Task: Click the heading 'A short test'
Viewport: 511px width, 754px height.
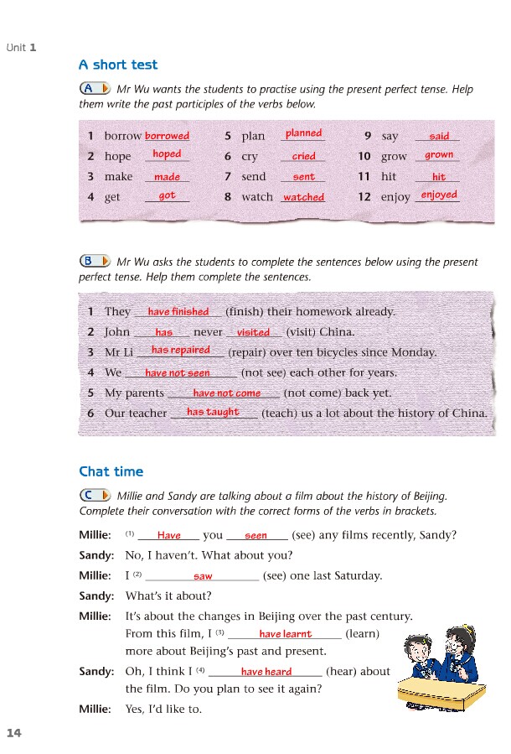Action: click(x=117, y=65)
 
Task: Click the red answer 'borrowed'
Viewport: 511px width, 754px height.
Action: click(x=167, y=136)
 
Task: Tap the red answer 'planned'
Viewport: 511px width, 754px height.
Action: click(x=303, y=133)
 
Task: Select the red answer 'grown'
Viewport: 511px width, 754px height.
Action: click(x=438, y=155)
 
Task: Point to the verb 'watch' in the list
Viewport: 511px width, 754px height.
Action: click(x=257, y=197)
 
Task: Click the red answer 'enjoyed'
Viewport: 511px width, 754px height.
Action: click(x=439, y=195)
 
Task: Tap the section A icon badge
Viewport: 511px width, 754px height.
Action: click(x=94, y=89)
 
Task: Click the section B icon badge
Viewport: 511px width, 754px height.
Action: click(x=94, y=261)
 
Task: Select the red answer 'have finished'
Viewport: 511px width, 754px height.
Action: click(x=178, y=312)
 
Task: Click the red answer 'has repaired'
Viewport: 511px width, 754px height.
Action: click(x=180, y=351)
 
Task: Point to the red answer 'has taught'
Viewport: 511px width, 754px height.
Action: click(x=213, y=413)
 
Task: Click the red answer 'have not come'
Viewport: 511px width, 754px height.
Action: click(x=226, y=393)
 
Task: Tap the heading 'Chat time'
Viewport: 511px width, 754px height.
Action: click(x=111, y=471)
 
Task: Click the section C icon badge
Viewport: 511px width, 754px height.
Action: click(x=94, y=496)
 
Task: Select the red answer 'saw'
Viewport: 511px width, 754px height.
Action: click(x=203, y=577)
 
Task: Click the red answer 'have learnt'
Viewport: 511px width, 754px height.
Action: click(x=285, y=635)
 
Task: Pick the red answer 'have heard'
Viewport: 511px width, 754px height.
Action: click(x=266, y=672)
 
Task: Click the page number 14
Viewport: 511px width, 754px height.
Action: click(x=13, y=733)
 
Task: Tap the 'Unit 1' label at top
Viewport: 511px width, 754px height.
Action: click(x=21, y=47)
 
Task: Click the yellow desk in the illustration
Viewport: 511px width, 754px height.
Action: click(x=441, y=691)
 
